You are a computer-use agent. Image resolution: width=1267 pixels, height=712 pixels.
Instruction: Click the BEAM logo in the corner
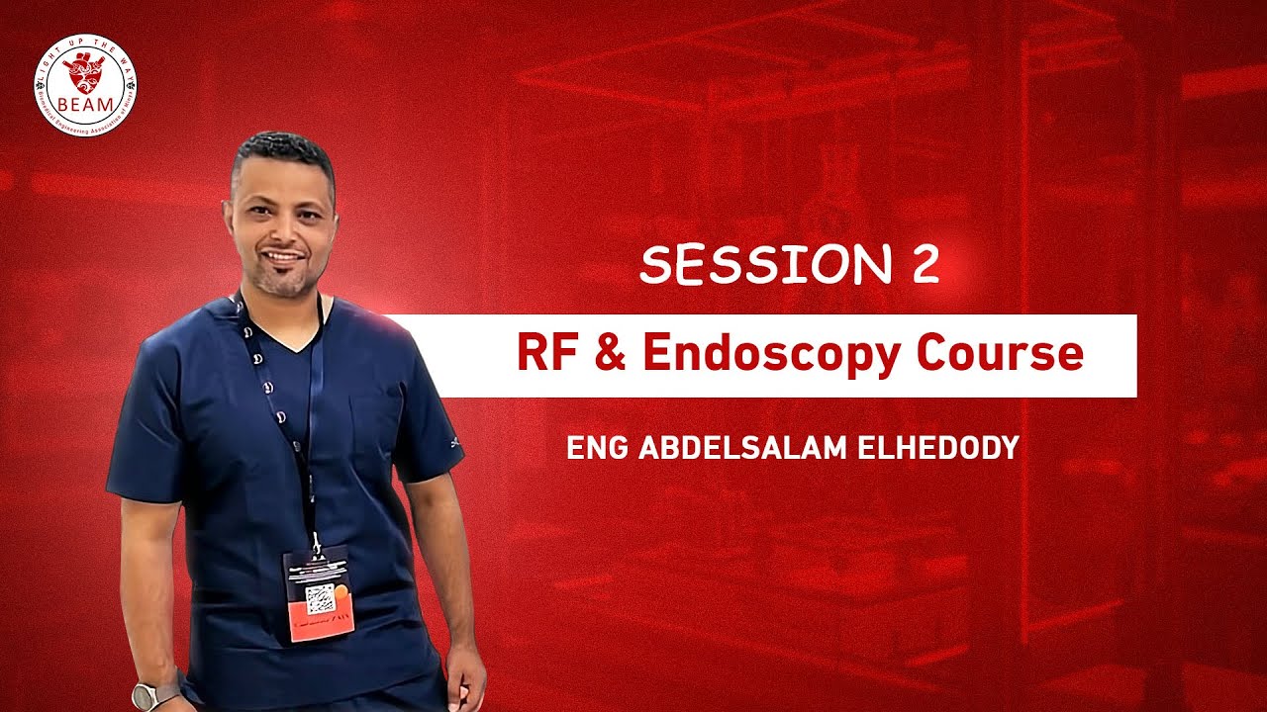(85, 85)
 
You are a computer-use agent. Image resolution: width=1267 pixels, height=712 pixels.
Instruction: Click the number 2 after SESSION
(922, 265)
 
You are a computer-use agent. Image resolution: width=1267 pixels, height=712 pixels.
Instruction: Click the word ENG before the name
(598, 448)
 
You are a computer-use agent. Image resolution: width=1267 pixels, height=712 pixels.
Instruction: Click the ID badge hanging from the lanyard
(319, 592)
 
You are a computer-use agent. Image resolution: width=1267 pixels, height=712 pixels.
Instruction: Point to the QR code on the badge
(319, 596)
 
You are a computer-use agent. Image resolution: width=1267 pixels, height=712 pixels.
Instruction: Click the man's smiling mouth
(282, 257)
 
